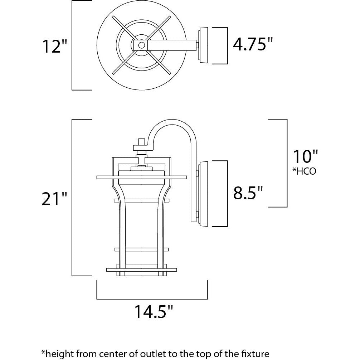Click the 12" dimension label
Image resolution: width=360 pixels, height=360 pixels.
(55, 47)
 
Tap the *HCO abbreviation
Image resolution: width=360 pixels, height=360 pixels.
(304, 171)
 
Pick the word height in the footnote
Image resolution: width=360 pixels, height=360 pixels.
(58, 354)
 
